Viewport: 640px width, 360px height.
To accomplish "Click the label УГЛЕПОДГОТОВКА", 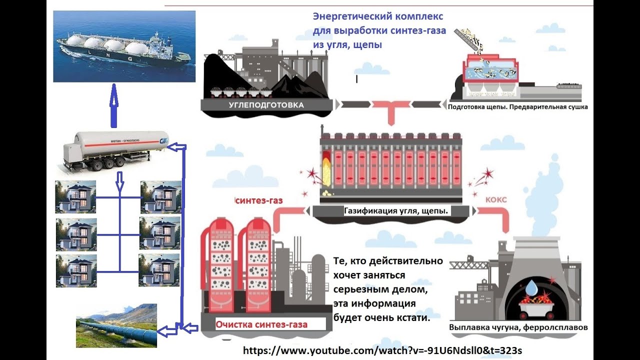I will [x=266, y=105].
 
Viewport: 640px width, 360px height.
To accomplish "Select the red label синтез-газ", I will [x=259, y=201].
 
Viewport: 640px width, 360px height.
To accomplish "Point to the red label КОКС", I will [x=496, y=199].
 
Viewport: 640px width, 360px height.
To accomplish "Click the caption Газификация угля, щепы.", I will [x=395, y=211].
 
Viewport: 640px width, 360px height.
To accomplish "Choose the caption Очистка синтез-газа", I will [x=261, y=324].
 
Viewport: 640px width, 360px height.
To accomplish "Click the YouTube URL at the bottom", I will [x=382, y=350].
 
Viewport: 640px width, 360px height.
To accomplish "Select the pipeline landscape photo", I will [x=116, y=325].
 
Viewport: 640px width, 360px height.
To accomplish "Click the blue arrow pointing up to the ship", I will [x=114, y=105].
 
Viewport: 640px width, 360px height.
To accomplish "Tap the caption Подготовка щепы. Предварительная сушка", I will [x=518, y=106].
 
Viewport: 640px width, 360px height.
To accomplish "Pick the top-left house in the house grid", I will [x=75, y=197].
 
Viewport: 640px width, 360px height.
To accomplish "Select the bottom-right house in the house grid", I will [x=159, y=270].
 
